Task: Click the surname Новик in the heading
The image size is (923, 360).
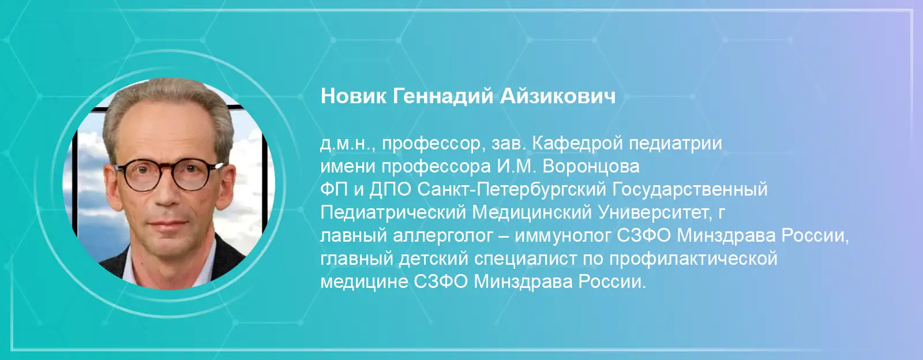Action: (x=354, y=96)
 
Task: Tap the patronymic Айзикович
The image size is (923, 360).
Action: (x=558, y=96)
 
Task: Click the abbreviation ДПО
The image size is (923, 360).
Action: (x=390, y=190)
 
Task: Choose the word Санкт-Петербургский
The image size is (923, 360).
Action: (x=512, y=190)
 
